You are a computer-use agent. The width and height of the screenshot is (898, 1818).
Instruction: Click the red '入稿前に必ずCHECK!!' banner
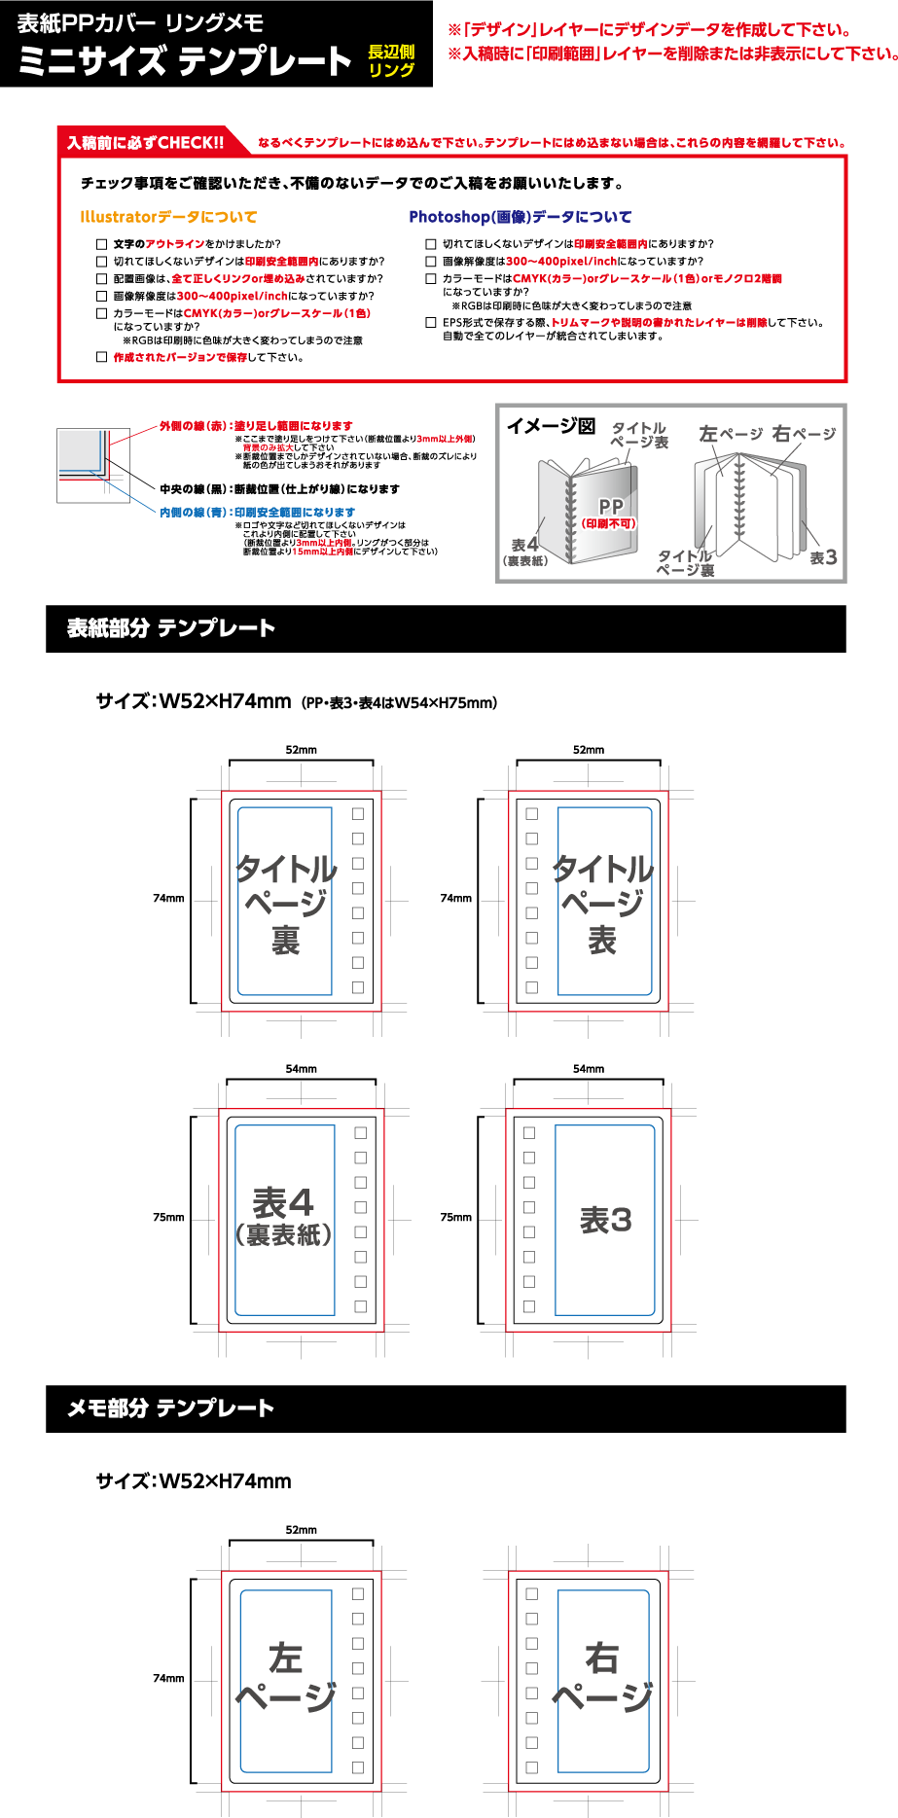click(146, 143)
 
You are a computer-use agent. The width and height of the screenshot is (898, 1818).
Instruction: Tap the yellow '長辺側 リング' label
click(391, 60)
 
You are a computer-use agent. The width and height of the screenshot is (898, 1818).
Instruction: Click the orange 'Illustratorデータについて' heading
click(168, 217)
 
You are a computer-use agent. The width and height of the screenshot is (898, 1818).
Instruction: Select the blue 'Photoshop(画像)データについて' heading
click(520, 217)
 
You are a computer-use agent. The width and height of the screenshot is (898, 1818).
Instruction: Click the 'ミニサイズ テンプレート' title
click(185, 62)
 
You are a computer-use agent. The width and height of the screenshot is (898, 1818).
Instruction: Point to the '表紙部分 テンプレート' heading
click(171, 628)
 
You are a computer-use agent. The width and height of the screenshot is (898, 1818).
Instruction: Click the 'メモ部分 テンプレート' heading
click(170, 1408)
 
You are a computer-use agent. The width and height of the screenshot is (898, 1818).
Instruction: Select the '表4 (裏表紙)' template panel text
click(284, 1217)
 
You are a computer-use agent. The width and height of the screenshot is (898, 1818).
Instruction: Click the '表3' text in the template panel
click(606, 1220)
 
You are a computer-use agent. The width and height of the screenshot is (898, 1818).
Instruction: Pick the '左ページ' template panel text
click(286, 1677)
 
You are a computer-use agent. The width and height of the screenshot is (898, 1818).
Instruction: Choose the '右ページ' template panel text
click(602, 1677)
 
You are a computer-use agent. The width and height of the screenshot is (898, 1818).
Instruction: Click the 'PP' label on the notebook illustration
click(611, 507)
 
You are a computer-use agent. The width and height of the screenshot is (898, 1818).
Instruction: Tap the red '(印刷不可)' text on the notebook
click(609, 523)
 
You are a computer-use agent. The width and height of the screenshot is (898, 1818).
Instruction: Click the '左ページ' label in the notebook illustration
click(731, 434)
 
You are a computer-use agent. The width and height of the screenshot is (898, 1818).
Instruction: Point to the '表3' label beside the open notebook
click(823, 557)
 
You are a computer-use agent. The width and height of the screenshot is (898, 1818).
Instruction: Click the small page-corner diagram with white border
click(93, 465)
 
